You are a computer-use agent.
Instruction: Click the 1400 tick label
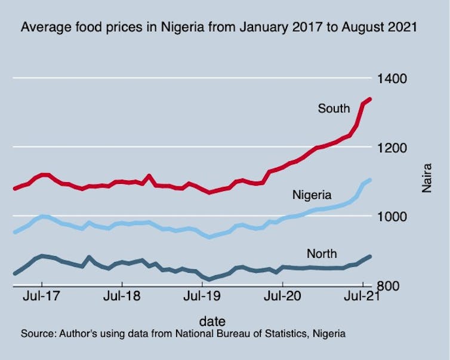click(391, 79)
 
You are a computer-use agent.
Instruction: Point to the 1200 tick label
click(391, 147)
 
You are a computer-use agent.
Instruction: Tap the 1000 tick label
click(391, 216)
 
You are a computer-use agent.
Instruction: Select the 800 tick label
click(388, 285)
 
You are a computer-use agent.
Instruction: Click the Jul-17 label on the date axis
click(42, 297)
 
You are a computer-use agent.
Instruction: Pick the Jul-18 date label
click(122, 297)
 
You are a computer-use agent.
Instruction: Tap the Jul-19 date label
click(202, 297)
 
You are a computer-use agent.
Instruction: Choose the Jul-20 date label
click(282, 297)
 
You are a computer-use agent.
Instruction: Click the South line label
click(334, 109)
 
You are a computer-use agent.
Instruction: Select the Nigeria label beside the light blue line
click(312, 195)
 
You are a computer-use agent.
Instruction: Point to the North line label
click(322, 254)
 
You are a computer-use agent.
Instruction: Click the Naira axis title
click(427, 179)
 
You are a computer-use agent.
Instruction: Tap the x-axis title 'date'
click(212, 321)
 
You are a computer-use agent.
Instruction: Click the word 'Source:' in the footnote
click(37, 333)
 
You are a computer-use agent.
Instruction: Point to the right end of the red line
click(369, 99)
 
